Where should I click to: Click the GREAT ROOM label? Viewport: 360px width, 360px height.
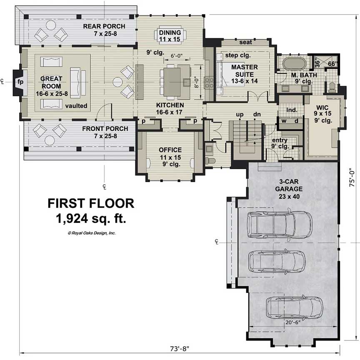pos(52,82)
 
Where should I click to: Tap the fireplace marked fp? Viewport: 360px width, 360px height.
pos(20,82)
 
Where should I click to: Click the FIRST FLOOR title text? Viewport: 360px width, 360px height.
pos(91,203)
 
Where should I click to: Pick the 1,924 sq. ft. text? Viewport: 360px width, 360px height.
pos(91,218)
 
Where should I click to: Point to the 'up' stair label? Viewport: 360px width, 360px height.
pos(240,114)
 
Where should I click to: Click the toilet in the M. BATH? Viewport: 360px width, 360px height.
pos(332,87)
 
